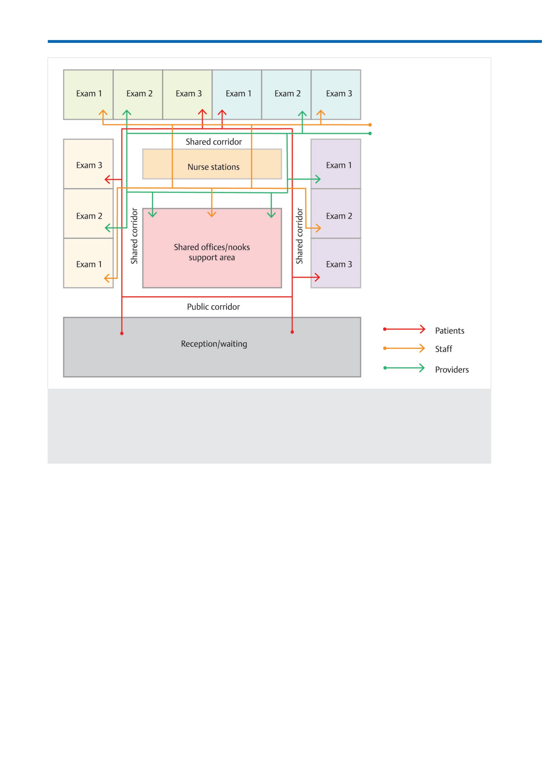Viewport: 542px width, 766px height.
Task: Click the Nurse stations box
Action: point(212,164)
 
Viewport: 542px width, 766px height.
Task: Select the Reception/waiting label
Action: point(214,344)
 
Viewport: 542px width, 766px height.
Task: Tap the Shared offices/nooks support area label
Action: point(212,252)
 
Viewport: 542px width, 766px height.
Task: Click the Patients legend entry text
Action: point(450,331)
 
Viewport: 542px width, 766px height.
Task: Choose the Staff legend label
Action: point(444,349)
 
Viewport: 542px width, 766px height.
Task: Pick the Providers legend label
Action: point(452,370)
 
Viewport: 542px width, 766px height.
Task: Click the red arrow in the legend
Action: point(404,329)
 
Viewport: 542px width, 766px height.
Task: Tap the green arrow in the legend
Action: point(404,368)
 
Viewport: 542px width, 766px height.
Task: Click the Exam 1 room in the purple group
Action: point(336,164)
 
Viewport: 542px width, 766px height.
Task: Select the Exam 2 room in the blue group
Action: point(286,94)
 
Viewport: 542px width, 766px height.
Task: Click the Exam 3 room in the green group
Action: point(187,94)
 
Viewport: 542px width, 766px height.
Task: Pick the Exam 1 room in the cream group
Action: point(88,263)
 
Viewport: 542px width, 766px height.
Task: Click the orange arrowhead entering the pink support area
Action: point(211,214)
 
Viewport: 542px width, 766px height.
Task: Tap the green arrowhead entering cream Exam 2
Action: point(108,228)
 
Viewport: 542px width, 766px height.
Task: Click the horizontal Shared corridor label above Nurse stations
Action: point(213,142)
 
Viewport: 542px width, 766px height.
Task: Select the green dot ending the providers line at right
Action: point(370,134)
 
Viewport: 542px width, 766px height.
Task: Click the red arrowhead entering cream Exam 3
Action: point(108,180)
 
